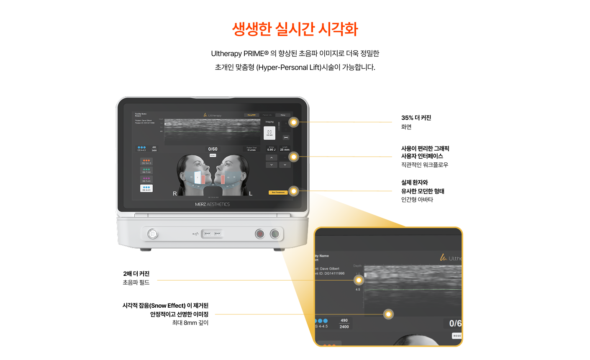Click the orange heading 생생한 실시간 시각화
[295, 29]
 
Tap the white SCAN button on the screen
[269, 133]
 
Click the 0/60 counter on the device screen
[213, 149]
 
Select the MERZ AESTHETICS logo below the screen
[212, 204]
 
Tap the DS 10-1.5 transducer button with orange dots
[146, 162]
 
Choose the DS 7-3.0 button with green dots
[146, 170]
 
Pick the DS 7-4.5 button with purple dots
[146, 180]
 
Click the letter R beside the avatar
[175, 193]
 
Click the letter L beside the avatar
[251, 193]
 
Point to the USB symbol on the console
[195, 234]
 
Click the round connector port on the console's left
[152, 234]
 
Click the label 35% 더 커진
[416, 118]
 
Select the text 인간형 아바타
[417, 200]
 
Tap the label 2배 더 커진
[136, 274]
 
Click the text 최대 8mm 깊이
[190, 323]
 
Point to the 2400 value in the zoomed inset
[344, 327]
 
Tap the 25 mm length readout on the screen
[285, 149]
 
